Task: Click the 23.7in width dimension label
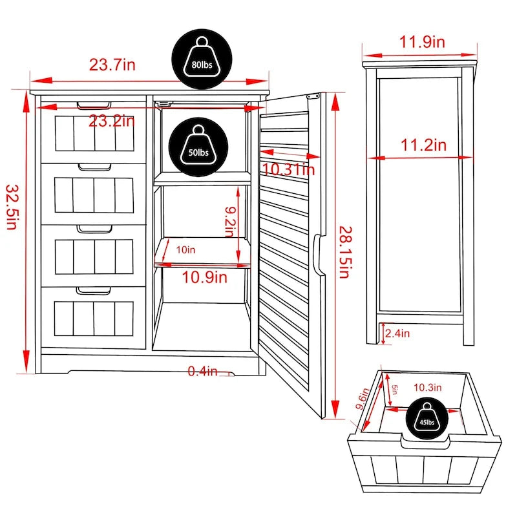tap(112, 65)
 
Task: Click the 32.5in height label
tap(12, 206)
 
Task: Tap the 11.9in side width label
tap(421, 43)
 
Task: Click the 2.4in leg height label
tap(397, 334)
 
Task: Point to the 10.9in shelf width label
tap(204, 278)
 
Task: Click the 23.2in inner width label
tap(112, 121)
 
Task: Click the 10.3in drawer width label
tap(428, 388)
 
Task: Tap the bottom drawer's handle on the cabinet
tap(92, 291)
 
